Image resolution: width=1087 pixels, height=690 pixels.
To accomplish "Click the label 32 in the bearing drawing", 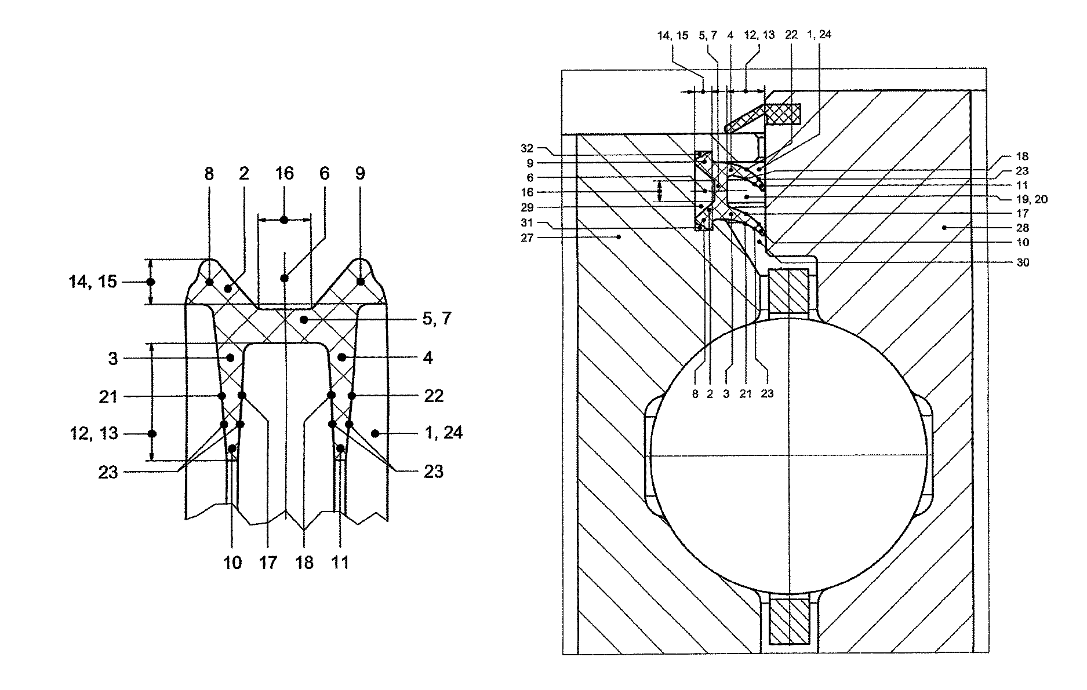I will click(526, 148).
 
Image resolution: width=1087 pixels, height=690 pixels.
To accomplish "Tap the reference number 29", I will click(526, 207).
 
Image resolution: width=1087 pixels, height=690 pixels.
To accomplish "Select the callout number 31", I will click(526, 222).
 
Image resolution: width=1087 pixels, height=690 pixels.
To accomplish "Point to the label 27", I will click(526, 237).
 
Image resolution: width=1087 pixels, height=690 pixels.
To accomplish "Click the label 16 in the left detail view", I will click(284, 174).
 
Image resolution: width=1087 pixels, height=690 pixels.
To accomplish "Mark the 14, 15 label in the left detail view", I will click(93, 282).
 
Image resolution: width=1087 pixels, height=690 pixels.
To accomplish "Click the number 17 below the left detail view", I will click(268, 562).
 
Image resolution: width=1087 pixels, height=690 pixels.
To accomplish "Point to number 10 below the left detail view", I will click(232, 562).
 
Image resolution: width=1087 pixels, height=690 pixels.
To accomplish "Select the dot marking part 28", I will click(944, 228).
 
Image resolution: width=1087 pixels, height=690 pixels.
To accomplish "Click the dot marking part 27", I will click(619, 236).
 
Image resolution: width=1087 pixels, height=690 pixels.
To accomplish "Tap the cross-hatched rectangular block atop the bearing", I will click(783, 114).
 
